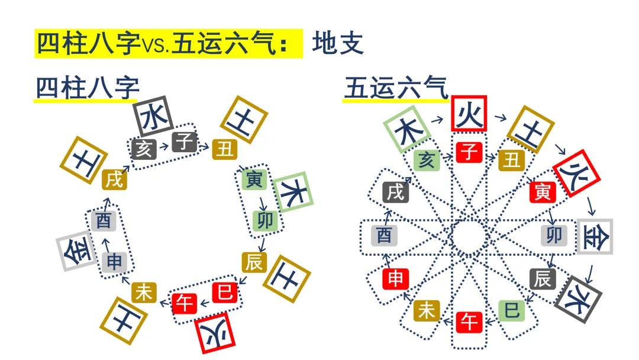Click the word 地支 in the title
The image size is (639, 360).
tap(338, 44)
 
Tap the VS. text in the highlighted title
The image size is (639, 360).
tap(155, 45)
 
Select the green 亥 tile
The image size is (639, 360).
tap(427, 160)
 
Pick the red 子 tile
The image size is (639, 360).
tap(469, 152)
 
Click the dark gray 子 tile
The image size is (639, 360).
tap(185, 142)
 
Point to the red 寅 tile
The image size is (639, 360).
tap(543, 192)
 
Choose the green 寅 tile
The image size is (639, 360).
tap(254, 179)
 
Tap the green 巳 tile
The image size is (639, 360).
tap(512, 311)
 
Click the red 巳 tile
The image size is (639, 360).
tap(225, 292)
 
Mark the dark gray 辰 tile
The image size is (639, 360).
tap(543, 279)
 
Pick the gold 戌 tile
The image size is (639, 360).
tap(114, 179)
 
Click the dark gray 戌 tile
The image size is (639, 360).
tap(396, 192)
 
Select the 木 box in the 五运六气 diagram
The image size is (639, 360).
tap(407, 129)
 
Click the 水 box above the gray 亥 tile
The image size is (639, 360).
tap(153, 117)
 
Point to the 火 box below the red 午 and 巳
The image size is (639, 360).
tap(215, 333)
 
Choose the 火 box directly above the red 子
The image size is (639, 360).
tap(469, 113)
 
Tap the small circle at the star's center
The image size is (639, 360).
tap(469, 222)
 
